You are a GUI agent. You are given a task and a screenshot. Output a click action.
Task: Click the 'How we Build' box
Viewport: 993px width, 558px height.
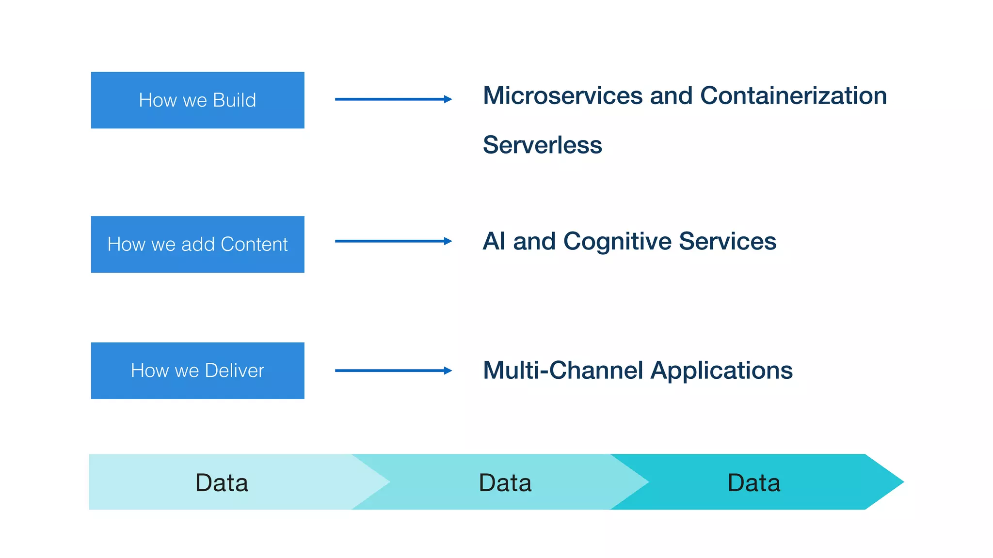(197, 100)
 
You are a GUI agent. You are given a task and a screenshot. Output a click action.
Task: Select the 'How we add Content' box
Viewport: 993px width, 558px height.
(197, 244)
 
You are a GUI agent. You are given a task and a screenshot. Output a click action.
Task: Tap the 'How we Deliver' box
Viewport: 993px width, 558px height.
(197, 371)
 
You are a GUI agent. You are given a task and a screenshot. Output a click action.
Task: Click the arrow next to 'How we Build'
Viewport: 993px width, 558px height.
(393, 99)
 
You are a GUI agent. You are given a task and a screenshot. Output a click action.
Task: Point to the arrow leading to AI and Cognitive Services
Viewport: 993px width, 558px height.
(393, 241)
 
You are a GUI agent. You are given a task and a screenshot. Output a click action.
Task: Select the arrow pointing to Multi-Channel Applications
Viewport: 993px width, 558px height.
(393, 371)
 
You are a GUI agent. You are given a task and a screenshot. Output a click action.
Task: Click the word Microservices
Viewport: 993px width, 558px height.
(563, 95)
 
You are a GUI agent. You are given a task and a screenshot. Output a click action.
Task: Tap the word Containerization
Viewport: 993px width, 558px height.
(793, 95)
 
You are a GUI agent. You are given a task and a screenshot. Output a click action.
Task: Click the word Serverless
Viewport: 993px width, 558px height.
(542, 145)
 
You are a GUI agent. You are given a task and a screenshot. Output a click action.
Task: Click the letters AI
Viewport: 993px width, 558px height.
(494, 241)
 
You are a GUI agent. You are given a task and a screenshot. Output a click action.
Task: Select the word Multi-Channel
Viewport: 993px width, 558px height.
(563, 370)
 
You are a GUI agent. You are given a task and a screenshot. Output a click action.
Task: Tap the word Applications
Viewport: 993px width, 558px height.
(721, 371)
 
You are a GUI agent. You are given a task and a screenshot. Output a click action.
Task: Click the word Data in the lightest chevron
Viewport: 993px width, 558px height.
(222, 482)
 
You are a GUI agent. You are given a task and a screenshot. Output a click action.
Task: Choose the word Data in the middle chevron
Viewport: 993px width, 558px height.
(505, 482)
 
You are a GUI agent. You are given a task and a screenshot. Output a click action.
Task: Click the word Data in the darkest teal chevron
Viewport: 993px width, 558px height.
(753, 482)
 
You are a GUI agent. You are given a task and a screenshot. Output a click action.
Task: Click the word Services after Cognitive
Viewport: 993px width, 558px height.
(727, 241)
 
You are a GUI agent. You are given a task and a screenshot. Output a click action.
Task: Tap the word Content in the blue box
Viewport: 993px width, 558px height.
(254, 244)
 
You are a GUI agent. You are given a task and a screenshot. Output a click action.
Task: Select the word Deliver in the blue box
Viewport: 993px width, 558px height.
(234, 371)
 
